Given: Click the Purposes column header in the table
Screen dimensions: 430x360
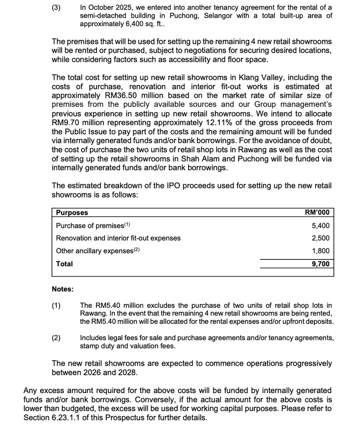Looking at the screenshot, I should [x=72, y=212].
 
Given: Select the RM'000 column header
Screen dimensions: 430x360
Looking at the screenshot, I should [x=317, y=212].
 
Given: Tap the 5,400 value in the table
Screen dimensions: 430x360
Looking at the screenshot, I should [x=321, y=226].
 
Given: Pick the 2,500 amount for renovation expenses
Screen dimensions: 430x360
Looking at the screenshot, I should [x=321, y=238].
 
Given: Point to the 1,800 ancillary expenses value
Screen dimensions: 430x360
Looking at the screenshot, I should [x=321, y=251].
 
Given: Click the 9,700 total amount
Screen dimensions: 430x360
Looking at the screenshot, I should [x=321, y=264].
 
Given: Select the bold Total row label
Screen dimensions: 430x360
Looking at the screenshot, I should [x=64, y=264].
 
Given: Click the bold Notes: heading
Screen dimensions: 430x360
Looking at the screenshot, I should [x=63, y=289].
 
